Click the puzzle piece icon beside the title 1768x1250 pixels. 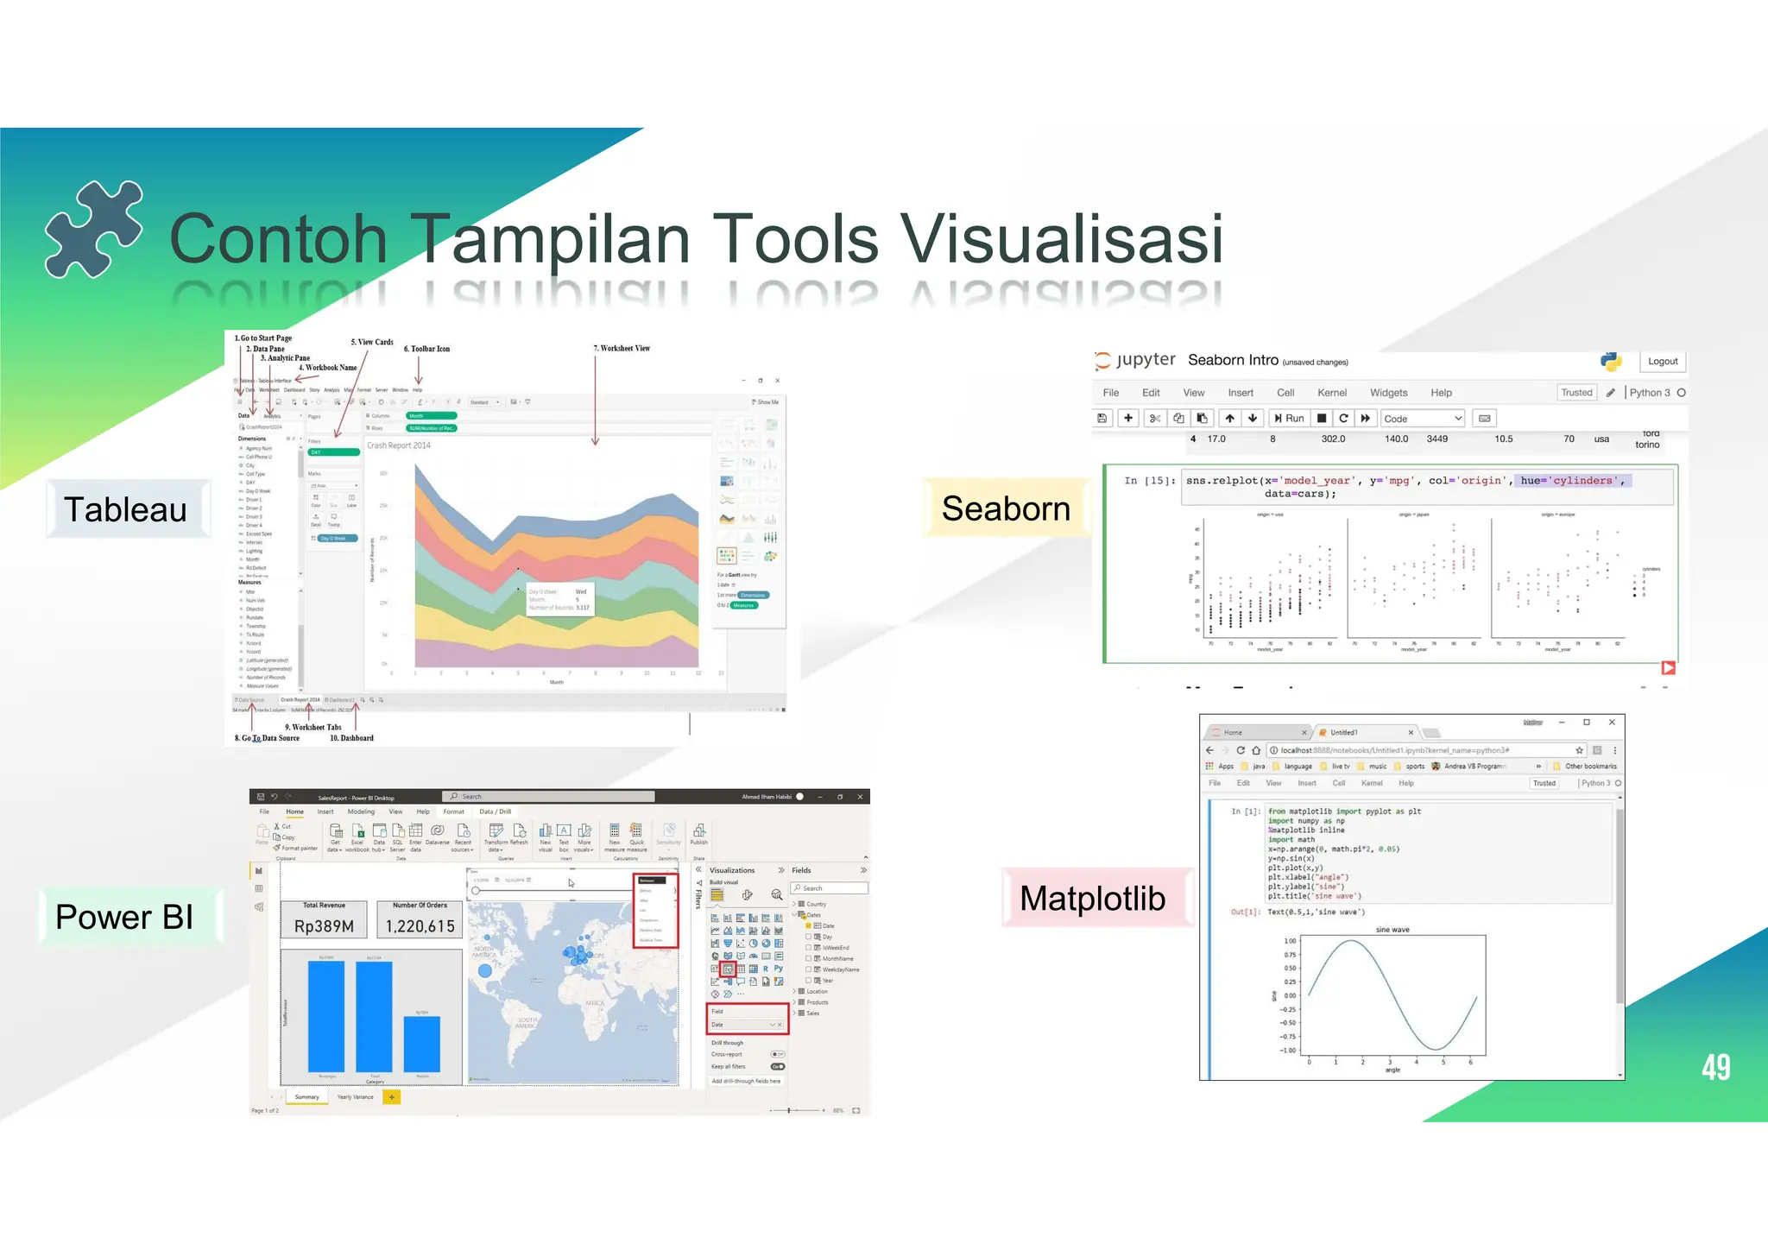(93, 229)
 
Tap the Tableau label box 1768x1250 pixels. (126, 509)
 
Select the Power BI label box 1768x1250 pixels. (126, 917)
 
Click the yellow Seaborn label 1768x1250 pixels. (1006, 508)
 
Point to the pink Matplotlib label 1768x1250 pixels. (1092, 899)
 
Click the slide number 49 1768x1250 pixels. (1715, 1067)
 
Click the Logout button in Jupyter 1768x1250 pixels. (1662, 362)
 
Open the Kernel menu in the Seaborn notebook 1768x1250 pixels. (1331, 393)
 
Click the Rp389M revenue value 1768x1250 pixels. (324, 926)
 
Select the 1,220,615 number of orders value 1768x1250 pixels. (420, 926)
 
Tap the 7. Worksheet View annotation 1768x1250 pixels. (622, 349)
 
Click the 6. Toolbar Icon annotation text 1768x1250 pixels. (426, 349)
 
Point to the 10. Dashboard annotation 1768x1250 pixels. (351, 738)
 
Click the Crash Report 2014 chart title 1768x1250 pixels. (398, 445)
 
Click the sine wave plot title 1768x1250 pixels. (1392, 930)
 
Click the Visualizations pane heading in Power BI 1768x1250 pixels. (732, 870)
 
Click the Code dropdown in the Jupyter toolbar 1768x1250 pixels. (1422, 419)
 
